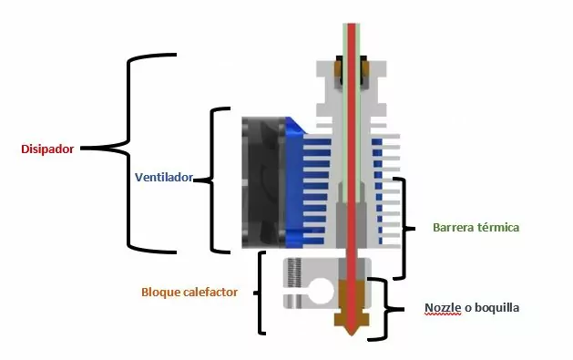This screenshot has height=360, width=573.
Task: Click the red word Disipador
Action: click(x=47, y=149)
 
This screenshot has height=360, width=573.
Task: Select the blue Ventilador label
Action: click(x=164, y=178)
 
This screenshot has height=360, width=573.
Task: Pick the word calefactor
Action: click(x=211, y=293)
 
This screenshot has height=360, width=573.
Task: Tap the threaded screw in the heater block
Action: click(x=293, y=273)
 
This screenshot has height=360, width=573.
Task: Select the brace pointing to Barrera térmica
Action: click(x=403, y=228)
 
